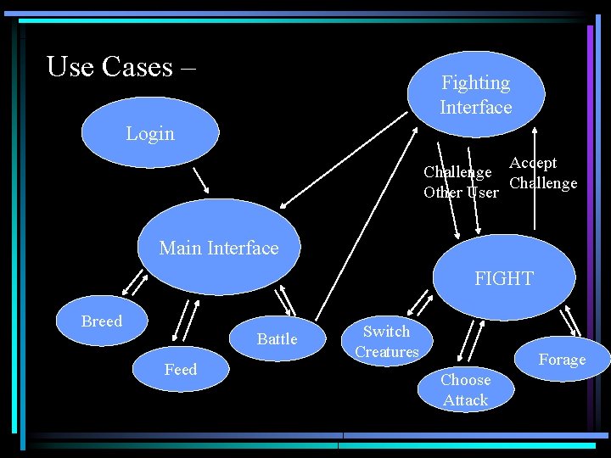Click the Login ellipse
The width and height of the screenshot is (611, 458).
point(149,134)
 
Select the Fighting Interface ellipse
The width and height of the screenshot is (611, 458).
point(475,94)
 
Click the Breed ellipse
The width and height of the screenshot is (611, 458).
point(102,321)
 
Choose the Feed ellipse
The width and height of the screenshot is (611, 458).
point(180,370)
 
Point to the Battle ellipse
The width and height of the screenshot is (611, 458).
point(277,339)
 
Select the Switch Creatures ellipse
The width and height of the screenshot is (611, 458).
point(387,341)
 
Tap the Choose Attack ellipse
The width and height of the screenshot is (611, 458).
point(465,390)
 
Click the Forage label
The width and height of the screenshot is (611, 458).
point(562,360)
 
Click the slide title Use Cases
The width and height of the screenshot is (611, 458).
point(121,66)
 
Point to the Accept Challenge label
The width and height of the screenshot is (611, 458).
point(542,173)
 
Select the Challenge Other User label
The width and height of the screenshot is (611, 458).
point(461,182)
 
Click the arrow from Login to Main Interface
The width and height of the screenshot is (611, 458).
point(201,180)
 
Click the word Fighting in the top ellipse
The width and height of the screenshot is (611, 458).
point(475,83)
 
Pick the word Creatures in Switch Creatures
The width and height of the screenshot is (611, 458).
point(387,351)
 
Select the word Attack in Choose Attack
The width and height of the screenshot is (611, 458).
point(465,400)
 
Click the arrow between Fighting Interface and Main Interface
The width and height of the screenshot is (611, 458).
point(344,159)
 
